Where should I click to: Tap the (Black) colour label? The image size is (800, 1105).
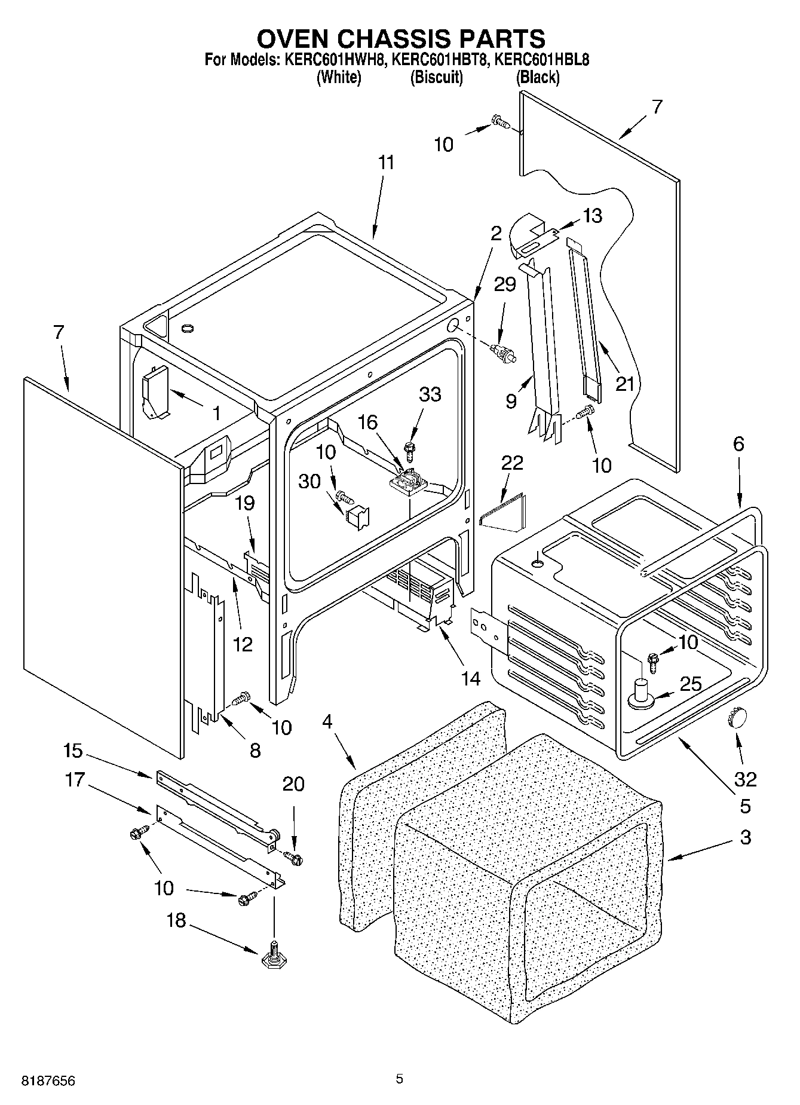(538, 77)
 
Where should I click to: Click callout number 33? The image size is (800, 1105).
(430, 394)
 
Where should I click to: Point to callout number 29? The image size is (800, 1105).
(505, 284)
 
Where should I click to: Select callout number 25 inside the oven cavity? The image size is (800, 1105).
(691, 684)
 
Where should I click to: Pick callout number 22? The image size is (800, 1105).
(513, 463)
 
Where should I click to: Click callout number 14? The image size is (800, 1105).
(470, 678)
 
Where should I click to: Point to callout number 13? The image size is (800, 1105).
(593, 216)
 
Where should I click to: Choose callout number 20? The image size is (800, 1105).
(293, 783)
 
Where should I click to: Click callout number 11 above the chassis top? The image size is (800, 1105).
(387, 163)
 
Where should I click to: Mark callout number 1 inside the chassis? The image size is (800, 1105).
(217, 413)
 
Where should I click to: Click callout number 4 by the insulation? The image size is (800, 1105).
(327, 721)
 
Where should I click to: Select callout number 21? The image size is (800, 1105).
(625, 383)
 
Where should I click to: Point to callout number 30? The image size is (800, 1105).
(309, 481)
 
